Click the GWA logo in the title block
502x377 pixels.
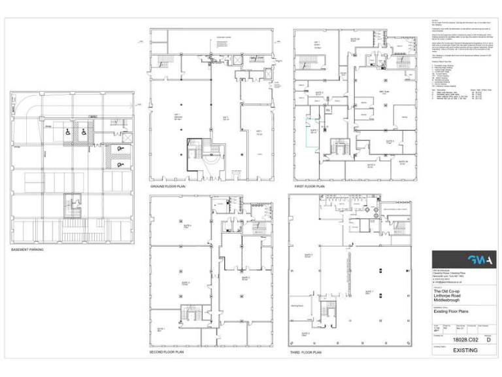[x=464, y=260]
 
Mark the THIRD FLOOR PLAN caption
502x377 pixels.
[x=306, y=352]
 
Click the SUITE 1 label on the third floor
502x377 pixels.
[x=369, y=292]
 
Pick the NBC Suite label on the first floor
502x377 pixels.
[x=384, y=92]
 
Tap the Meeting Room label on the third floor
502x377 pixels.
[x=295, y=306]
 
